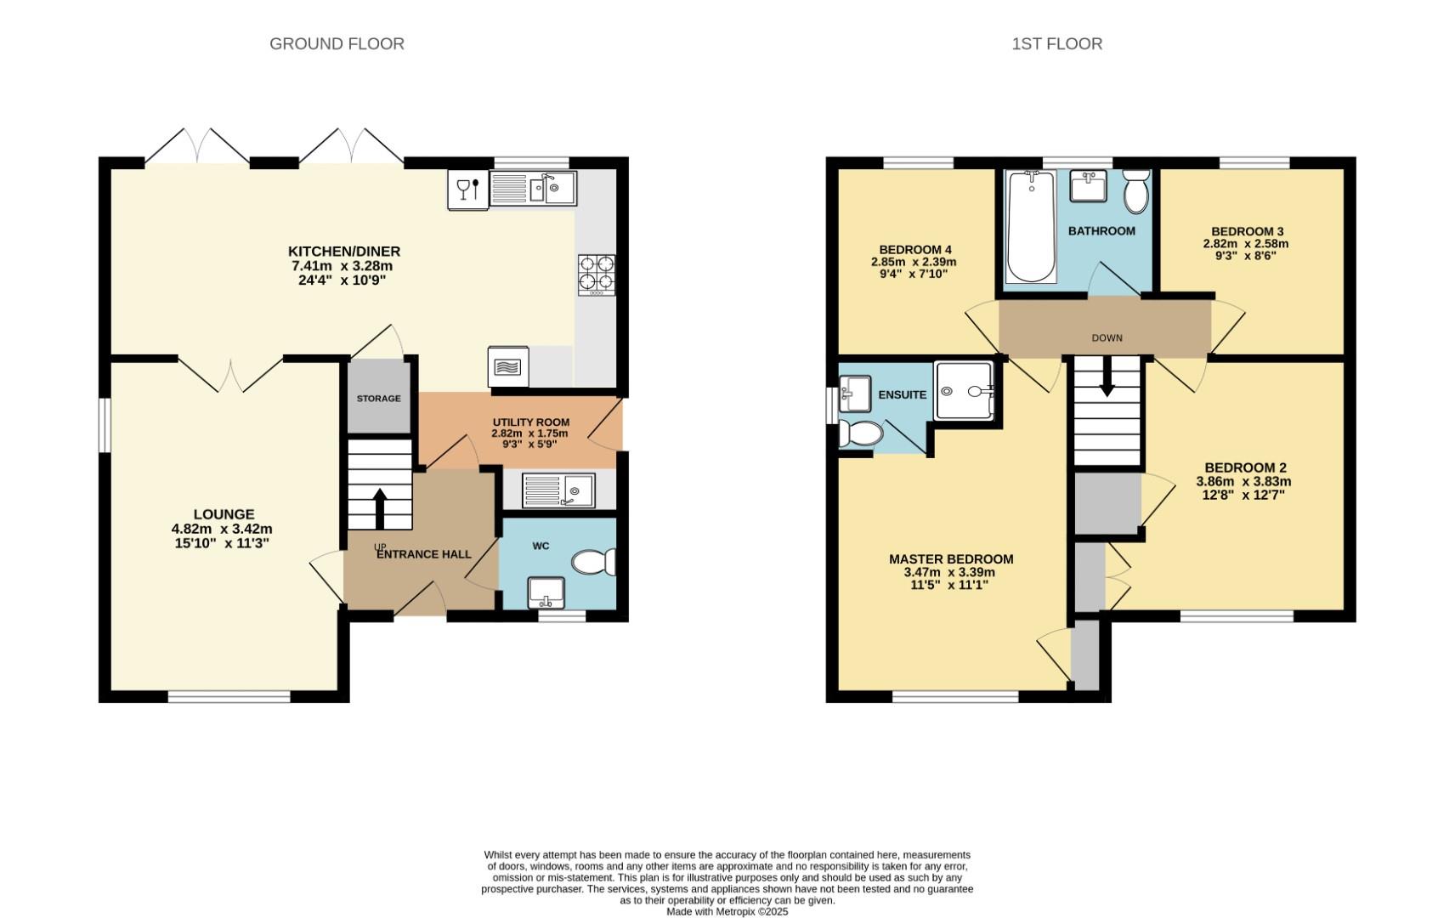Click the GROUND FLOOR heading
point(337,43)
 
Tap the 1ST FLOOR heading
point(1056,43)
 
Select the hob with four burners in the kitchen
point(597,274)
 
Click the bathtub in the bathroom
point(1030,226)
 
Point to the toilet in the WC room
point(593,562)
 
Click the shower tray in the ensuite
point(964,390)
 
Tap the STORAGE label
point(378,399)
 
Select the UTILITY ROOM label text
point(530,422)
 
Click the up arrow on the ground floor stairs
point(379,508)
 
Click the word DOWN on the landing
point(1107,337)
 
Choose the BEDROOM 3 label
point(1247,231)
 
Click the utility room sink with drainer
point(558,490)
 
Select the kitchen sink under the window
point(534,189)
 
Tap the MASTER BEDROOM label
point(950,559)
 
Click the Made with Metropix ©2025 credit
point(727,911)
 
